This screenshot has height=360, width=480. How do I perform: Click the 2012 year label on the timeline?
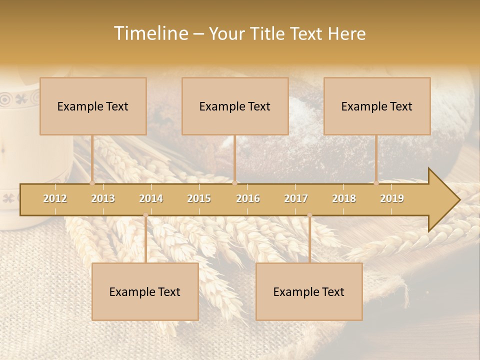[x=55, y=198]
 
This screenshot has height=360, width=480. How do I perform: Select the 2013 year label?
[x=103, y=198]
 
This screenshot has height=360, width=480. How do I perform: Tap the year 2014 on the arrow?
[x=151, y=198]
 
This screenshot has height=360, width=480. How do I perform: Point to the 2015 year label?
[x=199, y=198]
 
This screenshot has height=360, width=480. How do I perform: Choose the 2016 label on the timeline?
[x=248, y=198]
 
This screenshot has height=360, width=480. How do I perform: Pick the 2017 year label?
[x=296, y=198]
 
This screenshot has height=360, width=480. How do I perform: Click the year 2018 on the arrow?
[x=344, y=198]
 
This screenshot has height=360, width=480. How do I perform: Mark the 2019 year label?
[x=392, y=198]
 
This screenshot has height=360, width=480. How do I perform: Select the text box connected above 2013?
[x=93, y=106]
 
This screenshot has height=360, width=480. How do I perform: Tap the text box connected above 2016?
[x=235, y=106]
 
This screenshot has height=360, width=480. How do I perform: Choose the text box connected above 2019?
[x=377, y=106]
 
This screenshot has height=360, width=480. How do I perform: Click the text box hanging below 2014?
[x=145, y=291]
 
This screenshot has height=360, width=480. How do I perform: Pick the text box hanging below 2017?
[x=309, y=291]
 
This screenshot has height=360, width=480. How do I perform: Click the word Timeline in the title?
[x=150, y=33]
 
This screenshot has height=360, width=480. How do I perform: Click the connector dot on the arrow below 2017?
[x=309, y=215]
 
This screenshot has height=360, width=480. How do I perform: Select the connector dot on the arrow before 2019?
[x=376, y=183]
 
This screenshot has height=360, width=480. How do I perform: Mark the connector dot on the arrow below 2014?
[x=145, y=215]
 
